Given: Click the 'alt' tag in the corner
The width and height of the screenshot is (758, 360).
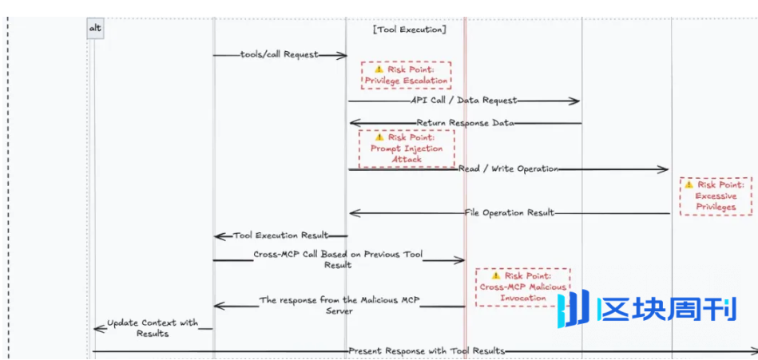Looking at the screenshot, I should (95, 29).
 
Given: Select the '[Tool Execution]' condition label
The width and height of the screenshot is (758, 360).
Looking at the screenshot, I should (409, 30).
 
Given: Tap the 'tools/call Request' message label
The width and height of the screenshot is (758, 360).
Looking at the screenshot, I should (279, 55).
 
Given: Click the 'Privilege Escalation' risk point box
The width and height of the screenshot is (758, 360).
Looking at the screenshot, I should (406, 75).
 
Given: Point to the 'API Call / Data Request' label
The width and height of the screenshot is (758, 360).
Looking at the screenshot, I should (463, 101).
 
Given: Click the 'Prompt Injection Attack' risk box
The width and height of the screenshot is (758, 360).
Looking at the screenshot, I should (406, 148).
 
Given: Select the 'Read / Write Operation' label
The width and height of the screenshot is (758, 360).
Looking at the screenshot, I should (508, 169).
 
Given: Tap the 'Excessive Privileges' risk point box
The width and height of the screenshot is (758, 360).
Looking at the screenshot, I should (716, 196).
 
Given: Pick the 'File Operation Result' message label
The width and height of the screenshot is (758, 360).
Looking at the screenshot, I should (509, 213).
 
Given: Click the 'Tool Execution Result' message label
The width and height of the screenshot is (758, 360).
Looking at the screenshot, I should (280, 235).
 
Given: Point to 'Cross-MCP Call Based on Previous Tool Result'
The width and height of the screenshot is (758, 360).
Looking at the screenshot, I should (337, 259).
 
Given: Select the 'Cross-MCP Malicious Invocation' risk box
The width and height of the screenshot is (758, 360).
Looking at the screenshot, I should (523, 287).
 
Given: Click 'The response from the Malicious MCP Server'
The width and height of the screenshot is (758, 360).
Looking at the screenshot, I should (339, 305).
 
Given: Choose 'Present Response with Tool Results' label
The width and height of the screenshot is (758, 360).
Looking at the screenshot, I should (427, 351).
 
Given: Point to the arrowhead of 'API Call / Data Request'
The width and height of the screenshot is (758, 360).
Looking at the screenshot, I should (575, 101).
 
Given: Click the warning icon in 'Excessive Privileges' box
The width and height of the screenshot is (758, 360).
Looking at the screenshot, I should (689, 184).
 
